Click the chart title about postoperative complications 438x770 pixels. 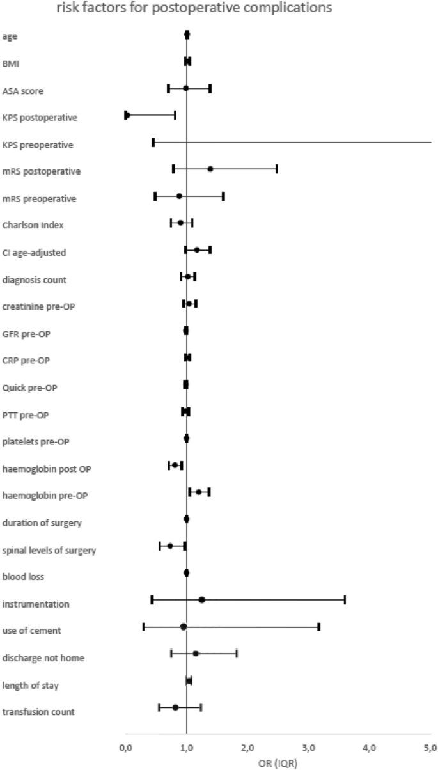coord(218,8)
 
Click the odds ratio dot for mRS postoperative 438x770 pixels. coord(210,169)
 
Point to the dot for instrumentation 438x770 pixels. coord(201,599)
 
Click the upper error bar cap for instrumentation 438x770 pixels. coord(345,599)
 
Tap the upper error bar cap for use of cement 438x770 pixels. coord(318,627)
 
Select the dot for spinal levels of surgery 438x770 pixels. coord(170,546)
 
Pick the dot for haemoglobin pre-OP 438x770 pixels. coord(199,492)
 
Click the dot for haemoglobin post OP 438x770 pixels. coord(175,465)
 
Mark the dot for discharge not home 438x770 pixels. coord(196,653)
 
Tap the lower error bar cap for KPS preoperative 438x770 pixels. coord(153,142)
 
